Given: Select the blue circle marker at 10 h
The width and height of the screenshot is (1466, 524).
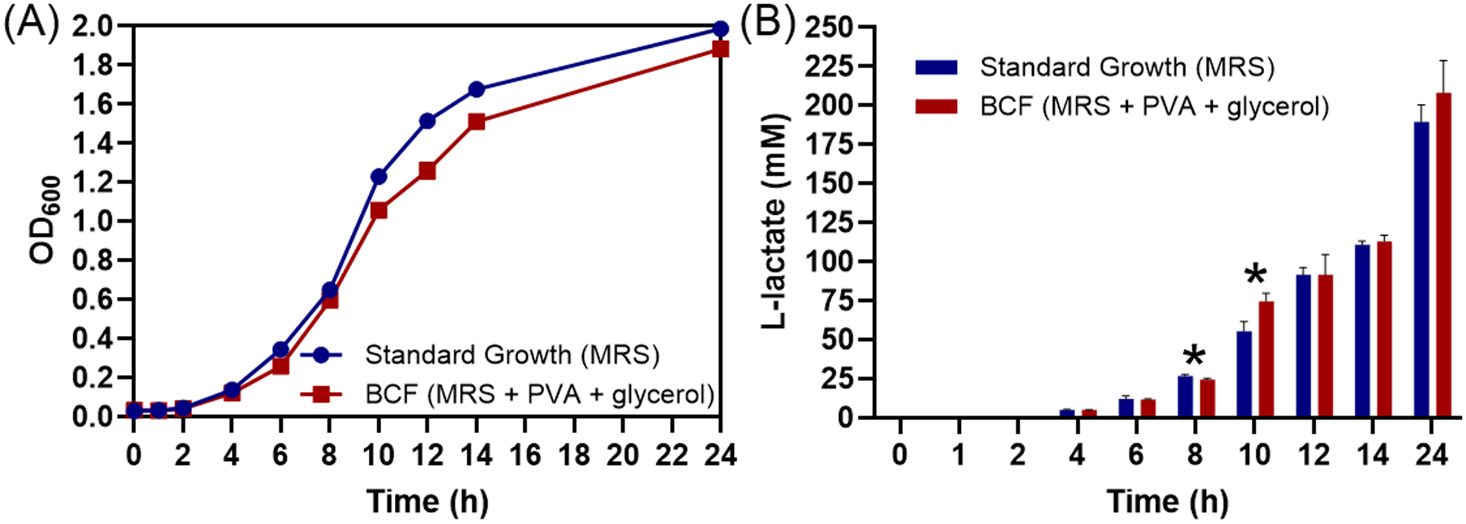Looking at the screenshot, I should pyautogui.click(x=379, y=177).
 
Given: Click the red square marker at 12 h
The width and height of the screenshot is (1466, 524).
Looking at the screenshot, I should pyautogui.click(x=427, y=171).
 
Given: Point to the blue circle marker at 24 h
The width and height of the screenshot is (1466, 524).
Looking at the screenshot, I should pyautogui.click(x=720, y=28).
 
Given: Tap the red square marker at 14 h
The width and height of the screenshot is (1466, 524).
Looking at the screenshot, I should pyautogui.click(x=476, y=122).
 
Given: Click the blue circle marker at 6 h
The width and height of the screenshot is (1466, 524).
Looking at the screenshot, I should pyautogui.click(x=280, y=350).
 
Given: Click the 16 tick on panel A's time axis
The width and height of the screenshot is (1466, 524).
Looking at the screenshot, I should pyautogui.click(x=525, y=456).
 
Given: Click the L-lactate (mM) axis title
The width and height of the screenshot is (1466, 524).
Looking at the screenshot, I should pyautogui.click(x=775, y=221).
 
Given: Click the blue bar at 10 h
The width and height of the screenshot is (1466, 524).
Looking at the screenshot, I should pyautogui.click(x=1244, y=374).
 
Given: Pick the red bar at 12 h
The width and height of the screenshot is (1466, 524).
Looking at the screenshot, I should pyautogui.click(x=1325, y=346).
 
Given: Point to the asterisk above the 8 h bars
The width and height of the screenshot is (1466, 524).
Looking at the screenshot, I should pyautogui.click(x=1194, y=356).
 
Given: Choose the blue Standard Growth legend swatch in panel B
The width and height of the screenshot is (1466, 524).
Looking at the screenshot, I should pyautogui.click(x=937, y=67).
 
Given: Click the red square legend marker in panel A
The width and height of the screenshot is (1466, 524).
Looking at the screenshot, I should pyautogui.click(x=322, y=394).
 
